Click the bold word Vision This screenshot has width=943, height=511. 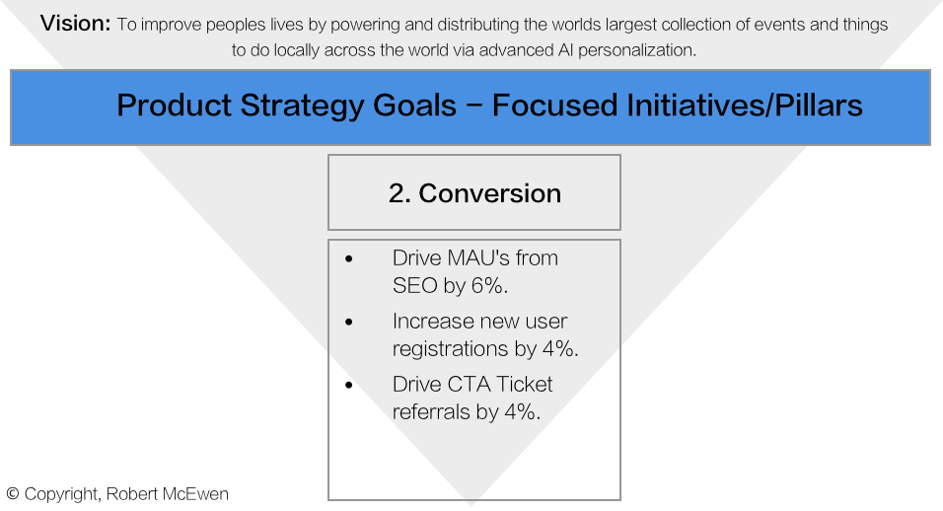click(x=75, y=24)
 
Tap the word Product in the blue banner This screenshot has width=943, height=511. click(x=174, y=106)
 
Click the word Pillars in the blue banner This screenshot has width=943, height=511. click(x=819, y=106)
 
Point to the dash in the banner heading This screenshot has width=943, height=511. click(x=473, y=107)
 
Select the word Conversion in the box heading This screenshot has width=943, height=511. click(x=489, y=193)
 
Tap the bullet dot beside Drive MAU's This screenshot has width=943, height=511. click(x=349, y=259)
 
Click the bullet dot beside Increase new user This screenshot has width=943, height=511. click(x=349, y=323)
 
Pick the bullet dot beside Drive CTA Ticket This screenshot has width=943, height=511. click(x=349, y=386)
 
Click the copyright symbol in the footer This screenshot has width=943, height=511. click(x=13, y=494)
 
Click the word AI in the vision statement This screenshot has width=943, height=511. click(x=565, y=50)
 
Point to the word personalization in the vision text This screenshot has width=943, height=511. click(x=637, y=50)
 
